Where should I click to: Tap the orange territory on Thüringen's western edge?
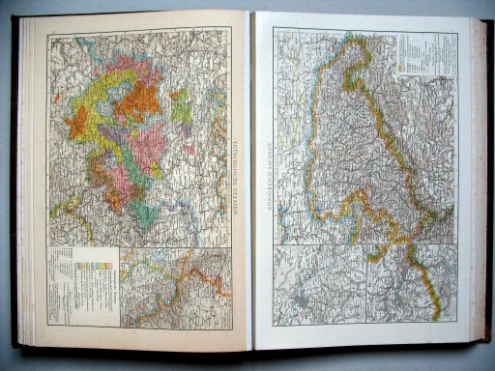[x=79, y=121]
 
